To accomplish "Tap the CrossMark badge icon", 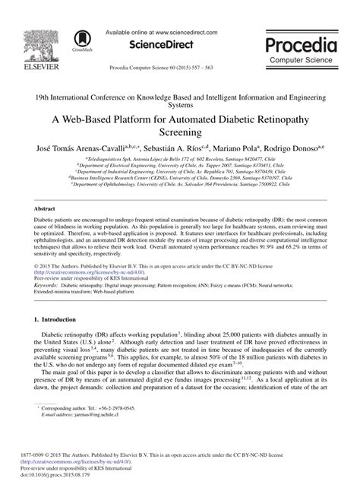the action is tap(81, 39).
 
